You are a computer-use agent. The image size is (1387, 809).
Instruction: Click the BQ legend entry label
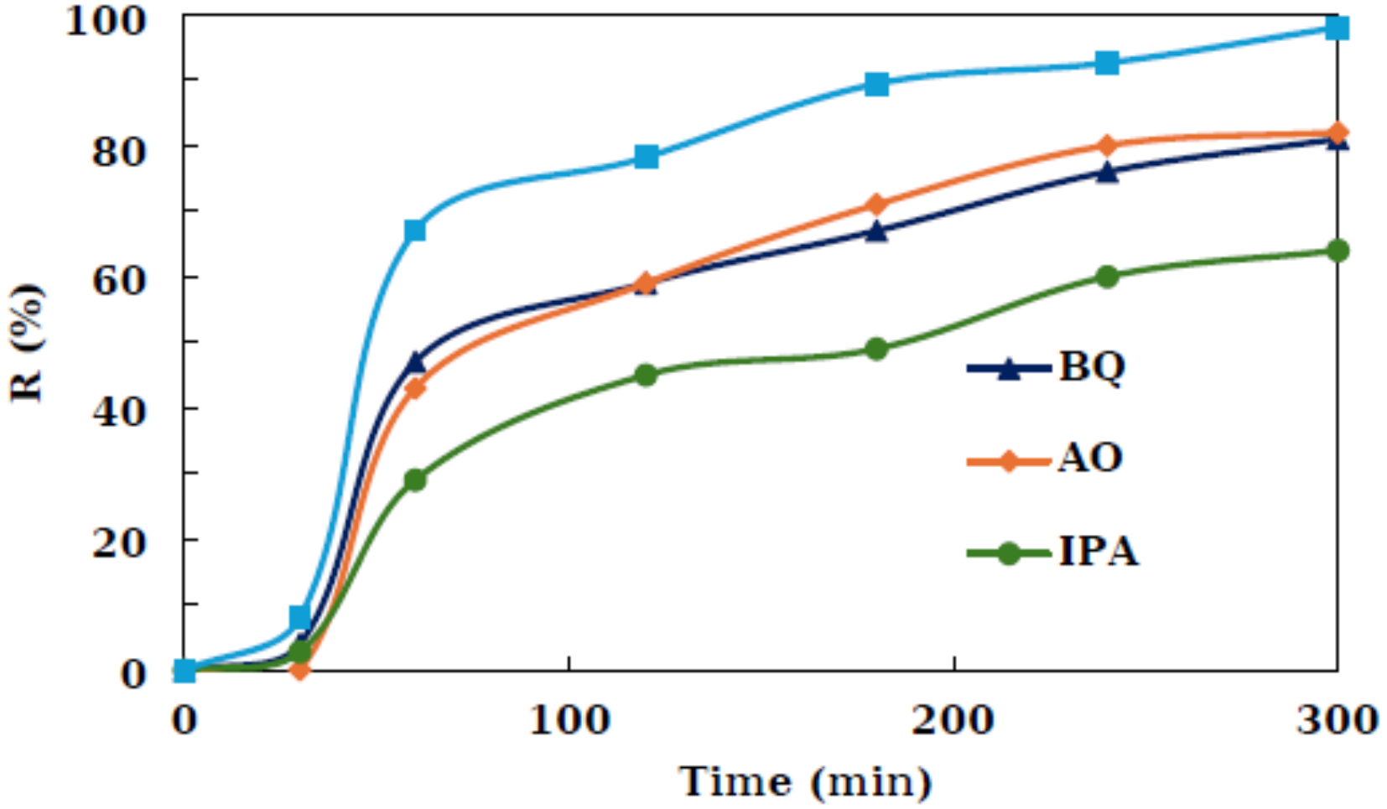click(x=1091, y=366)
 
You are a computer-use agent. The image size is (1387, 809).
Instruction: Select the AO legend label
click(x=1089, y=458)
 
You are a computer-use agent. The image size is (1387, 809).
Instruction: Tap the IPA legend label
click(x=1098, y=551)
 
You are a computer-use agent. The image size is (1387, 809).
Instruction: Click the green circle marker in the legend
click(x=1009, y=553)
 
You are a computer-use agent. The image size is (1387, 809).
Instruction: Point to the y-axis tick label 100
click(x=106, y=21)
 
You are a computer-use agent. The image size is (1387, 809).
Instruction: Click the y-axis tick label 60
click(x=117, y=279)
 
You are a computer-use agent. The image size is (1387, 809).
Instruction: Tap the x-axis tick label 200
click(x=953, y=720)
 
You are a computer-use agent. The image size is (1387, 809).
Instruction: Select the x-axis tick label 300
click(x=1336, y=720)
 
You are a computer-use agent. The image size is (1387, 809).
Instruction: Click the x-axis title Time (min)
click(x=805, y=781)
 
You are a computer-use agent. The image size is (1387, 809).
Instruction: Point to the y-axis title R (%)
click(x=27, y=343)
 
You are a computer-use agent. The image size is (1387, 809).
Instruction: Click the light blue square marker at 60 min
click(x=414, y=230)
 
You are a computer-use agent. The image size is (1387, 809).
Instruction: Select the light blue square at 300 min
click(x=1338, y=29)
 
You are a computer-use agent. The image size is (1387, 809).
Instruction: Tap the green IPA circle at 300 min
click(x=1338, y=251)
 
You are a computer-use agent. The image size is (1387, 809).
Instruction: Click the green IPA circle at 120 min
click(x=645, y=375)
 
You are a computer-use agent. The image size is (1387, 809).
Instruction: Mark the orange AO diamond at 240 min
click(x=1107, y=145)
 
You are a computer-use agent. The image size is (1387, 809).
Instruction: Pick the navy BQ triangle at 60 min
click(x=414, y=362)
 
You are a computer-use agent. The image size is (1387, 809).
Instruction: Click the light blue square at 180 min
click(x=876, y=84)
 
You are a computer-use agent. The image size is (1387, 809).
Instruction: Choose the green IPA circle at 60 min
click(x=414, y=480)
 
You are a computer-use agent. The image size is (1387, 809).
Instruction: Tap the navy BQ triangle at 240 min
click(x=1107, y=172)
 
